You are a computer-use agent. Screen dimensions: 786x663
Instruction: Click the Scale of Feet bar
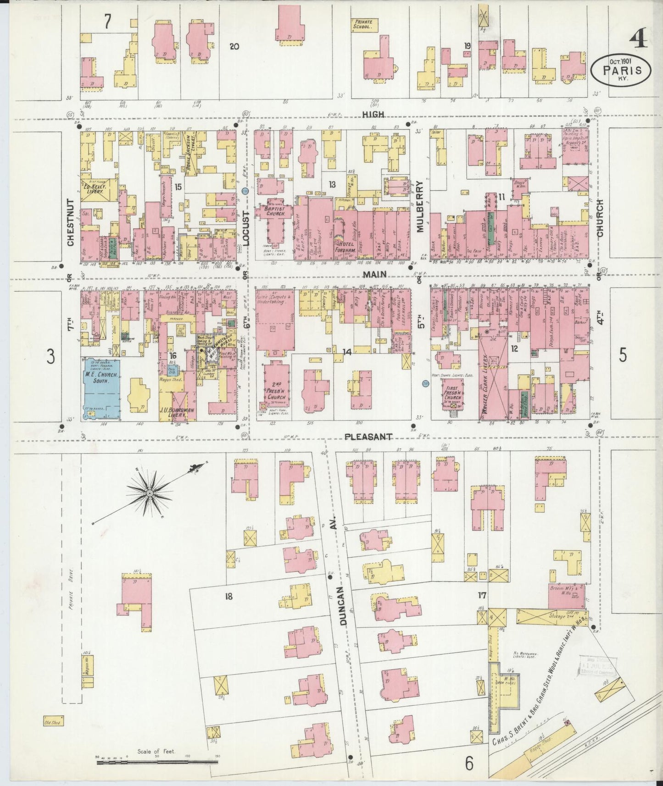tap(156, 762)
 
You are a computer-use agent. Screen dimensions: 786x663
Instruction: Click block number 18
tap(228, 596)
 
